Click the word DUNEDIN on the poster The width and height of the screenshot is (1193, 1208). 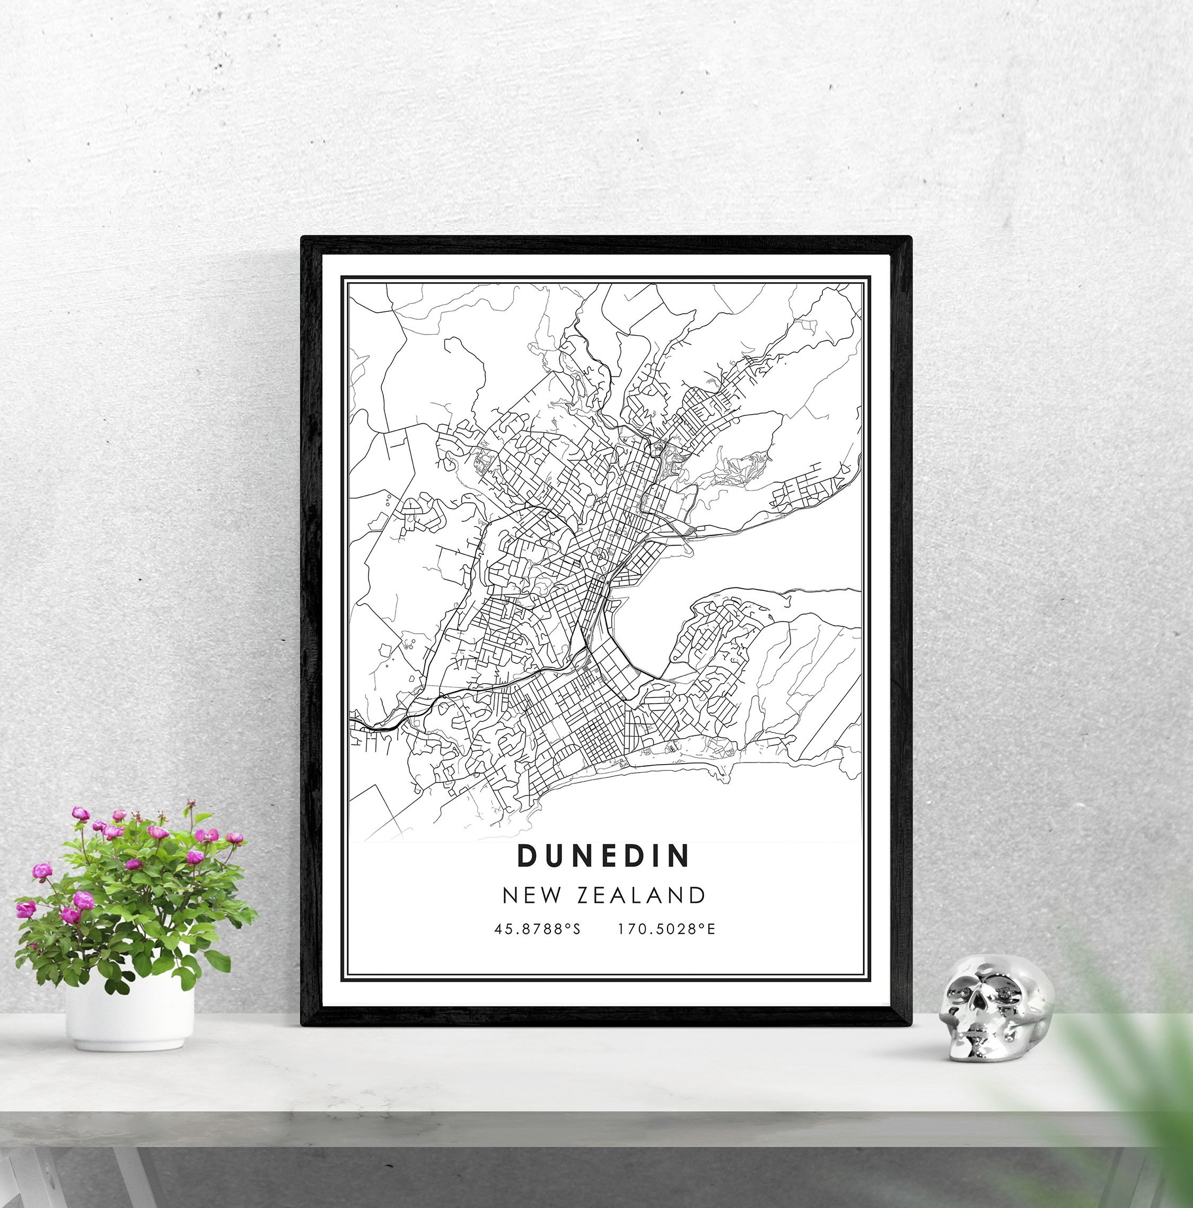(603, 856)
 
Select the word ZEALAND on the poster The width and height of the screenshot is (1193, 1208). (641, 895)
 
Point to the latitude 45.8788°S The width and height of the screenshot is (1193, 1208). (537, 929)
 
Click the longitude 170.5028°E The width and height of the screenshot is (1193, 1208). (666, 929)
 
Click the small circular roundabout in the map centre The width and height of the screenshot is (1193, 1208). (599, 554)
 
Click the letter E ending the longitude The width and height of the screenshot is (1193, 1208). (711, 929)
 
